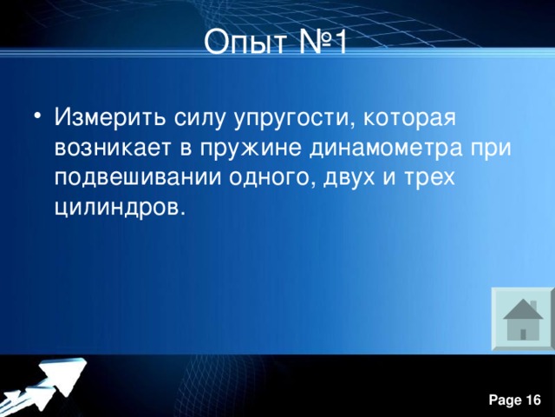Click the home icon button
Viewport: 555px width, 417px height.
[x=522, y=319]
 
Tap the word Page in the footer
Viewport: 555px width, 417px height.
[x=504, y=400]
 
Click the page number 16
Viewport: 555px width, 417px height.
[x=533, y=400]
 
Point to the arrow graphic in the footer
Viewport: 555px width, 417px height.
[x=48, y=382]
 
